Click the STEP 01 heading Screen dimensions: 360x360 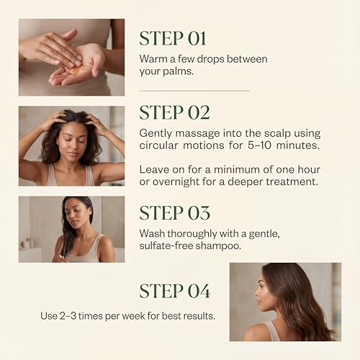click(x=173, y=38)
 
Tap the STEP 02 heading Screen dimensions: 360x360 click(x=174, y=112)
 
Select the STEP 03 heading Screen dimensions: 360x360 click(x=174, y=213)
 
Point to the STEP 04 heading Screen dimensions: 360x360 click(x=175, y=291)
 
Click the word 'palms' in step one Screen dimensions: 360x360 click(x=179, y=71)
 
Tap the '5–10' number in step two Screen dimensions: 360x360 click(x=259, y=145)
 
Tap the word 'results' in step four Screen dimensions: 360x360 click(x=199, y=316)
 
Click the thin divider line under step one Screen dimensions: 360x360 click(x=195, y=91)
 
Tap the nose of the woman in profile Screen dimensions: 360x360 click(x=257, y=293)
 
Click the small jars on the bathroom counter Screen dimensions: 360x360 click(x=27, y=243)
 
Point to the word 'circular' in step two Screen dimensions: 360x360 click(x=158, y=145)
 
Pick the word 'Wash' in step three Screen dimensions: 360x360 click(x=152, y=233)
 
